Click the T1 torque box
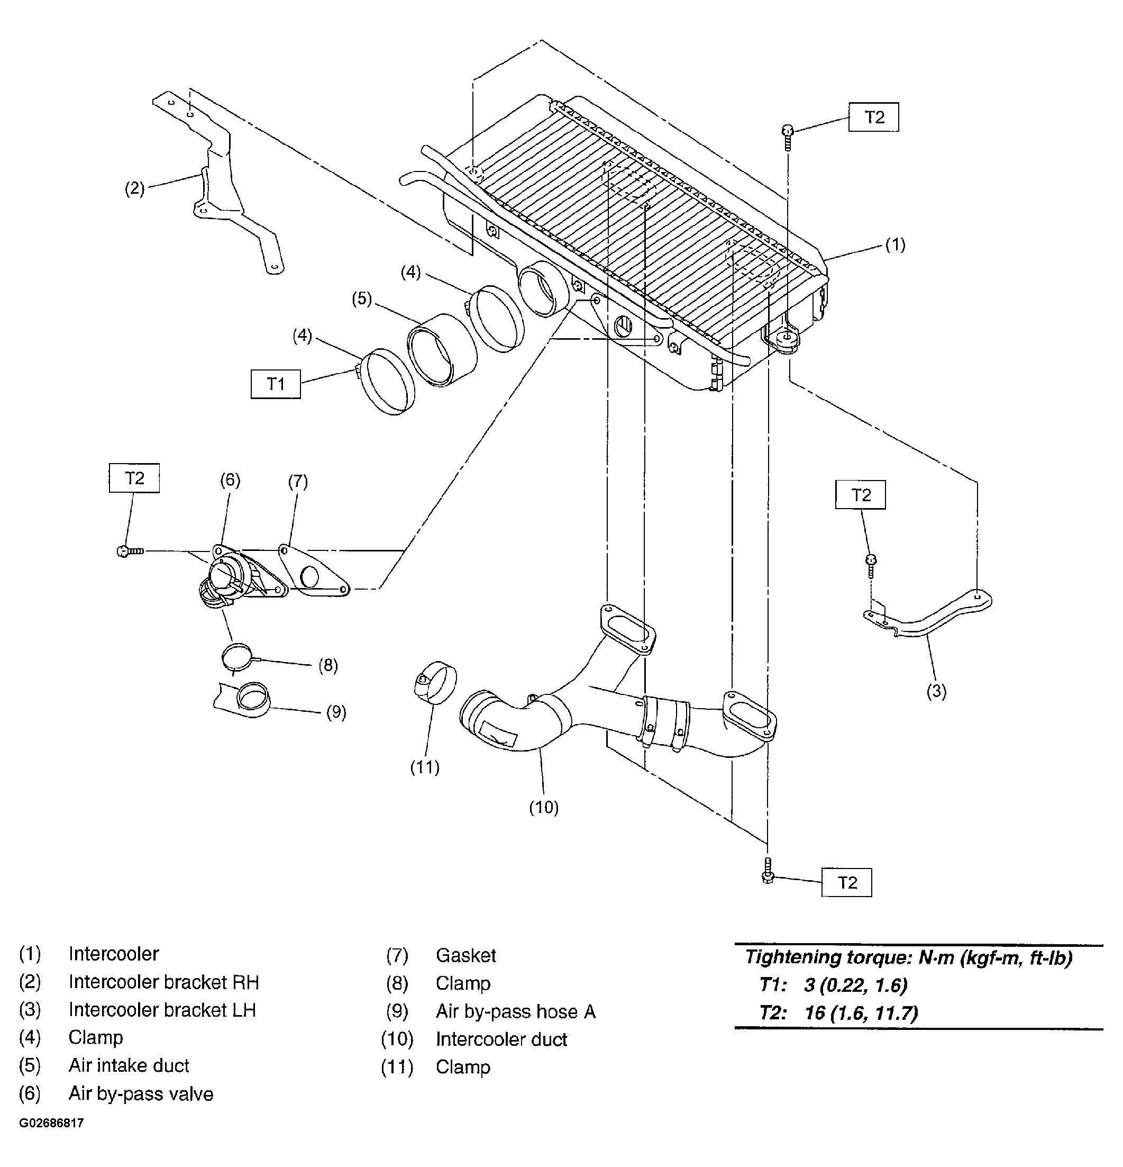click(276, 384)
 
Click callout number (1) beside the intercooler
click(895, 245)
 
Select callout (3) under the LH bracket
click(936, 691)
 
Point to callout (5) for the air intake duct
click(361, 298)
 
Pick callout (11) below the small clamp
click(425, 767)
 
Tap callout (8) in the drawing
click(328, 665)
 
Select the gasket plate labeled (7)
click(314, 570)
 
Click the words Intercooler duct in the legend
click(501, 1039)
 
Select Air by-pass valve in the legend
click(141, 1094)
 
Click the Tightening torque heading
click(909, 957)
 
